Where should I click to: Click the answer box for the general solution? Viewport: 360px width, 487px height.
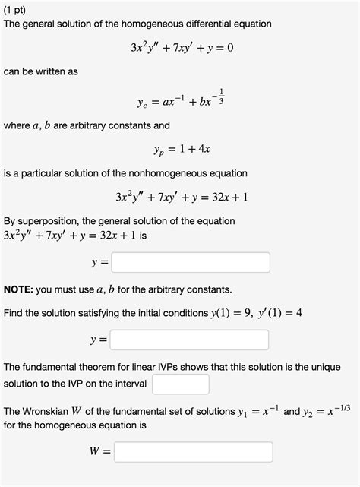click(x=190, y=263)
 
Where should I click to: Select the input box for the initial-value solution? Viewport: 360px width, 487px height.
click(x=190, y=340)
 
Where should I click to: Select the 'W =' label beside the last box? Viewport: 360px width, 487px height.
click(x=101, y=453)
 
